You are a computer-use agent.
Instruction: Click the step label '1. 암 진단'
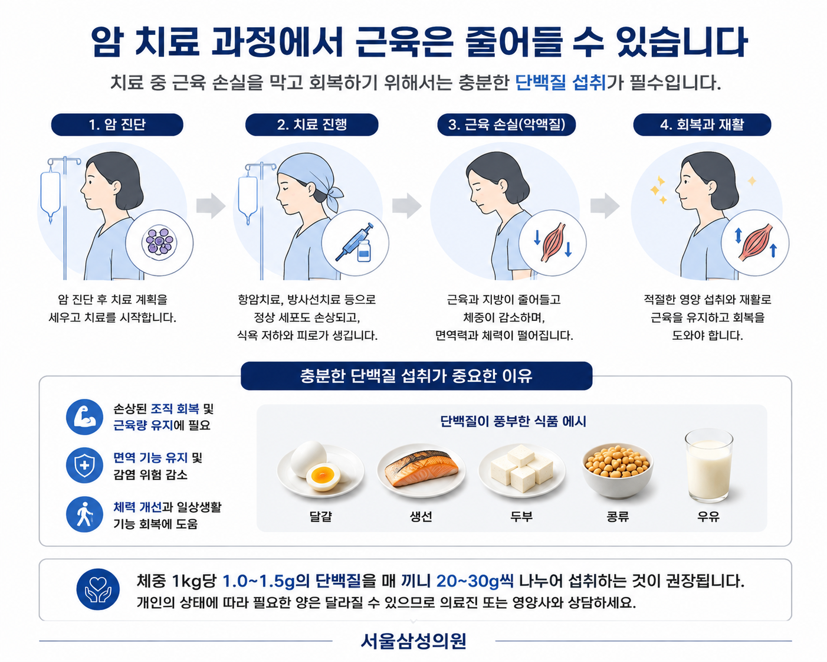tap(117, 124)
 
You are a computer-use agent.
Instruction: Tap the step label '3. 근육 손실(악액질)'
tap(507, 124)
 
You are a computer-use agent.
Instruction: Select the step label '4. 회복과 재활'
tap(702, 124)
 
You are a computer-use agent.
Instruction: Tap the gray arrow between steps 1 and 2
tap(211, 206)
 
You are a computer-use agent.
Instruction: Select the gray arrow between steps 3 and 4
tap(605, 206)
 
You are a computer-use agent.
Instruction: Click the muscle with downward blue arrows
tap(553, 242)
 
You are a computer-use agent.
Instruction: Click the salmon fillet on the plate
tap(422, 468)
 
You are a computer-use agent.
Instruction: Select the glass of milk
tap(708, 466)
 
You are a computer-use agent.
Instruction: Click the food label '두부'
tap(521, 516)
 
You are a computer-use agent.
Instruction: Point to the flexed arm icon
tap(84, 417)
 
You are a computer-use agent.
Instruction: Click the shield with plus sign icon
tap(84, 466)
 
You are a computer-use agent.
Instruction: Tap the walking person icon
tap(84, 514)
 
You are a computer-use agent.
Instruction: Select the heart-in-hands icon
tap(98, 589)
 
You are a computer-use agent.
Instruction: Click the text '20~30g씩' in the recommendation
tap(475, 581)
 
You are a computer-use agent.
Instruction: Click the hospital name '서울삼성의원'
tap(413, 641)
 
